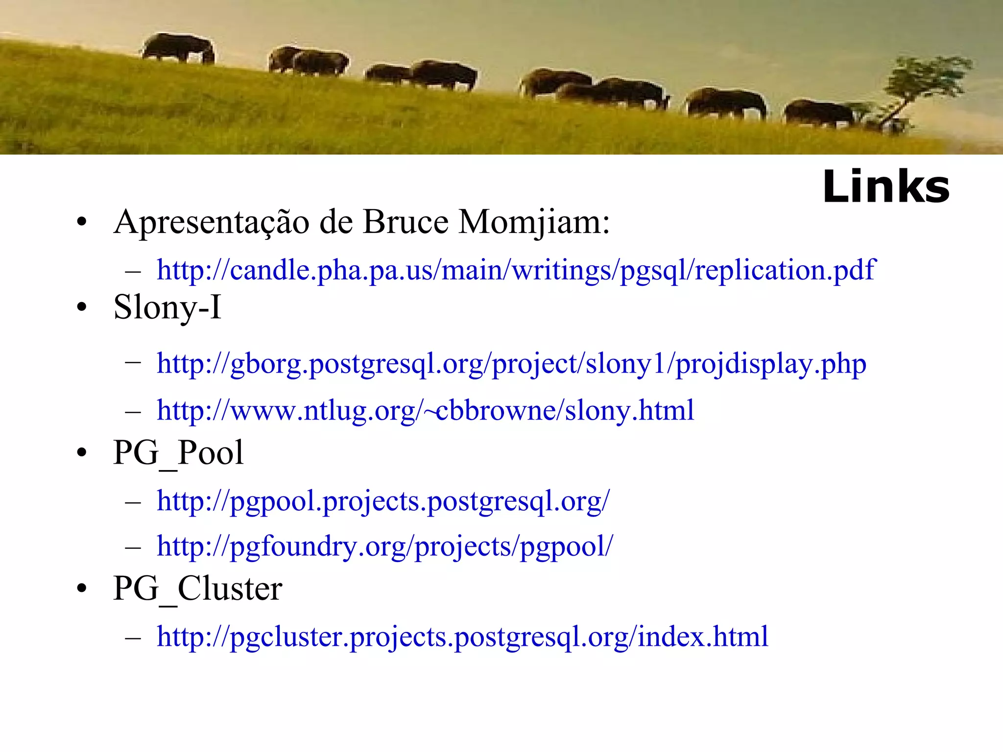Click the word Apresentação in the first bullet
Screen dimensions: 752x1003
pyautogui.click(x=211, y=222)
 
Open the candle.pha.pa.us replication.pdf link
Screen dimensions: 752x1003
pyautogui.click(x=516, y=270)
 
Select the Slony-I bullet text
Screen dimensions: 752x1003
pyautogui.click(x=167, y=307)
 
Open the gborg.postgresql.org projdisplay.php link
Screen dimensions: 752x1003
pyautogui.click(x=511, y=364)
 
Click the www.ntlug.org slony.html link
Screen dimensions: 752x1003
pyautogui.click(x=425, y=410)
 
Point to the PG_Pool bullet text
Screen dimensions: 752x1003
pyautogui.click(x=178, y=452)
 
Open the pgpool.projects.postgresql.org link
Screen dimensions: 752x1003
pyautogui.click(x=383, y=501)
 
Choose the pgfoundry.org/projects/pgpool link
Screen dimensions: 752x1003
pyautogui.click(x=384, y=546)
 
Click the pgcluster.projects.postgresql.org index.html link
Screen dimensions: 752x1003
pyautogui.click(x=462, y=636)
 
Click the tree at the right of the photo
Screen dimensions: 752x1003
pyautogui.click(x=921, y=88)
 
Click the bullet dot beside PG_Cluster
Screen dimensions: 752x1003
pyautogui.click(x=82, y=589)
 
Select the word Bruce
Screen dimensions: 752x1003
pyautogui.click(x=406, y=222)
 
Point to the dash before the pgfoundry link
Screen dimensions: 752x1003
pyautogui.click(x=133, y=547)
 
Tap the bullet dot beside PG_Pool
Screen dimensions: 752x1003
pyautogui.click(x=82, y=453)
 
